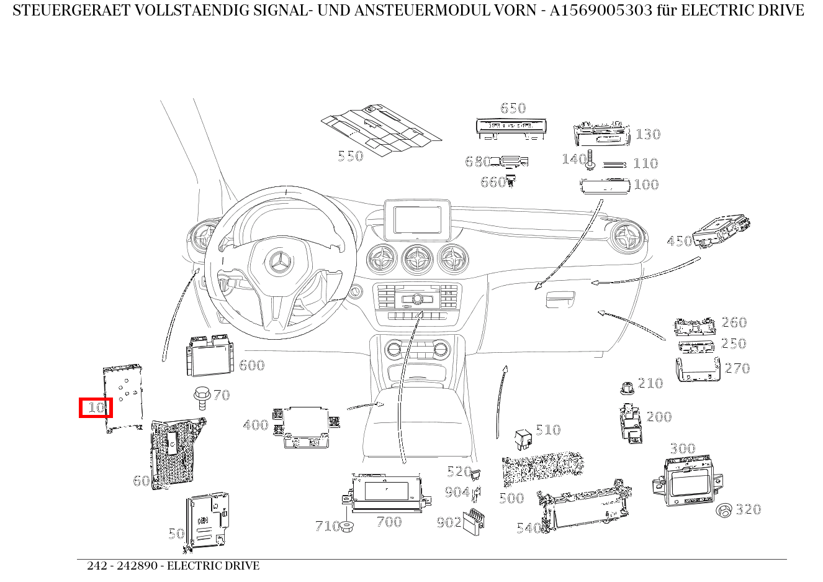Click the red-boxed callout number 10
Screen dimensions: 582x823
click(x=96, y=407)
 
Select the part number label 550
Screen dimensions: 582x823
click(x=350, y=156)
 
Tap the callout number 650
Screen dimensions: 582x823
click(x=513, y=108)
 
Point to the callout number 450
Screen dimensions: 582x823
click(x=679, y=241)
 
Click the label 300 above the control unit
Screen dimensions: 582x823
click(x=682, y=448)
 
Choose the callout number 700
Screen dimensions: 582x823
click(x=389, y=522)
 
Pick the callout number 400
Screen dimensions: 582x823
click(x=255, y=425)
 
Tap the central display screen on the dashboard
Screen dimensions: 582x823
click(x=416, y=219)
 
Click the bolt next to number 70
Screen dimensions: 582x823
click(x=200, y=396)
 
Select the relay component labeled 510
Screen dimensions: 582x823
click(x=522, y=437)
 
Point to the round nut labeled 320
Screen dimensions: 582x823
click(x=724, y=511)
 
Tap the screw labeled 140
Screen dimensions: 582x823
click(x=590, y=160)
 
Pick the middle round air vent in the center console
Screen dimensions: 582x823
click(x=416, y=259)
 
